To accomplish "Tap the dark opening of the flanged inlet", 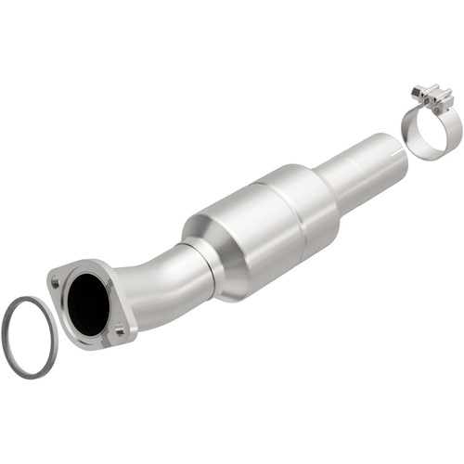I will (x=90, y=298).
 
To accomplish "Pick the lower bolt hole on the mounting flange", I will (x=120, y=330).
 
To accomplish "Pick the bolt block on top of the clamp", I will (x=433, y=97).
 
